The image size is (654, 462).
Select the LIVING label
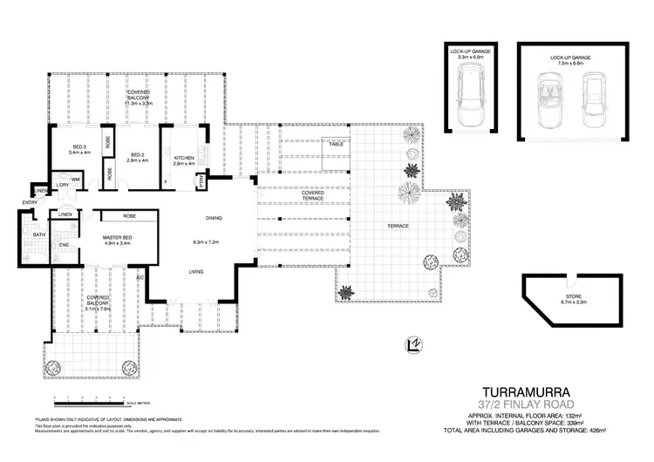click(x=197, y=272)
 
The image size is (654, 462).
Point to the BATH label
click(x=39, y=234)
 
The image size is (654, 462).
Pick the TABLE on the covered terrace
click(x=336, y=144)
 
